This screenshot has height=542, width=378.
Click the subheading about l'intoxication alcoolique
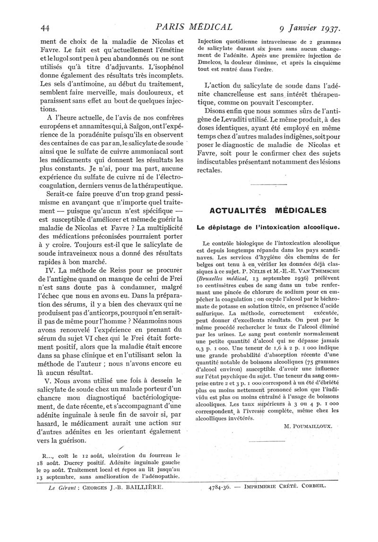pos(267,227)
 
